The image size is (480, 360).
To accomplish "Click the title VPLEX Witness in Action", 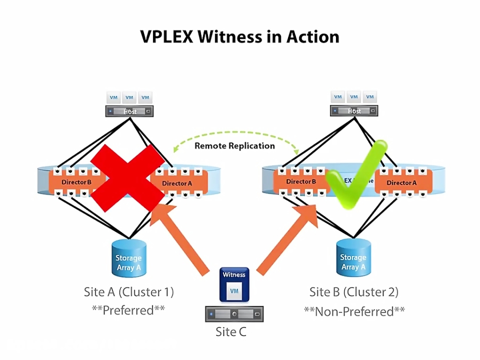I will tap(239, 36).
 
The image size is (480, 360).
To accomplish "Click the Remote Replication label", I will tap(235, 146).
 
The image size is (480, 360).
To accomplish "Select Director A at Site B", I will tap(398, 182).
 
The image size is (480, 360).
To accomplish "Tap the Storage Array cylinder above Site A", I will tap(129, 258).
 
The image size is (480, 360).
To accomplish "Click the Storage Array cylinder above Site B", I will tap(353, 258).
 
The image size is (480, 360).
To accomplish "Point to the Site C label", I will tap(231, 332).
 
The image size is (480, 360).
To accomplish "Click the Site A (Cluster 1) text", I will tap(129, 292).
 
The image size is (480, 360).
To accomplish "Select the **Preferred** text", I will tap(129, 310).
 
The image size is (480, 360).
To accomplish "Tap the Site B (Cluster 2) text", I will tap(354, 292).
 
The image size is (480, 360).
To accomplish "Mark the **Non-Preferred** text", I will tap(354, 311).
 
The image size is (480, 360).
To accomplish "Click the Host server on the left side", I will tap(129, 111).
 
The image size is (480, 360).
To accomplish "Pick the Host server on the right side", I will tap(354, 111).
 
